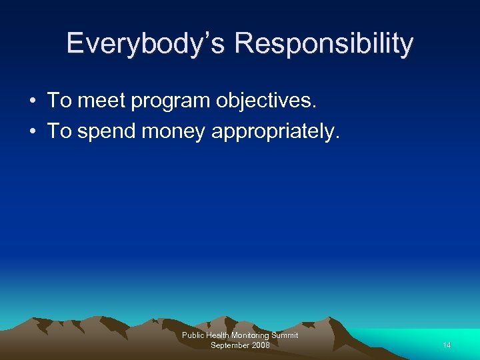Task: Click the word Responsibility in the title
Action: coord(324,44)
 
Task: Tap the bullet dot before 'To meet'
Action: coord(32,101)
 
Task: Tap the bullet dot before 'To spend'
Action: coord(32,131)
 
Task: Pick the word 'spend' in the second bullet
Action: coord(107,132)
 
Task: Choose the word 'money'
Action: coord(174,132)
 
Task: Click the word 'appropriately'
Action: coord(275,132)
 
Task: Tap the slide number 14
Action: coord(447,345)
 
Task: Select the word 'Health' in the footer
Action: coord(219,335)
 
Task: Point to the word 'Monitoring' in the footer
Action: coord(252,335)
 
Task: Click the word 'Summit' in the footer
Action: coord(286,335)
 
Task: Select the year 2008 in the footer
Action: coord(261,345)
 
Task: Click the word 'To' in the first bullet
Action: coord(59,101)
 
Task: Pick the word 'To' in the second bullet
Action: coord(59,131)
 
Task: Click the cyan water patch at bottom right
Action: coord(427,343)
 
